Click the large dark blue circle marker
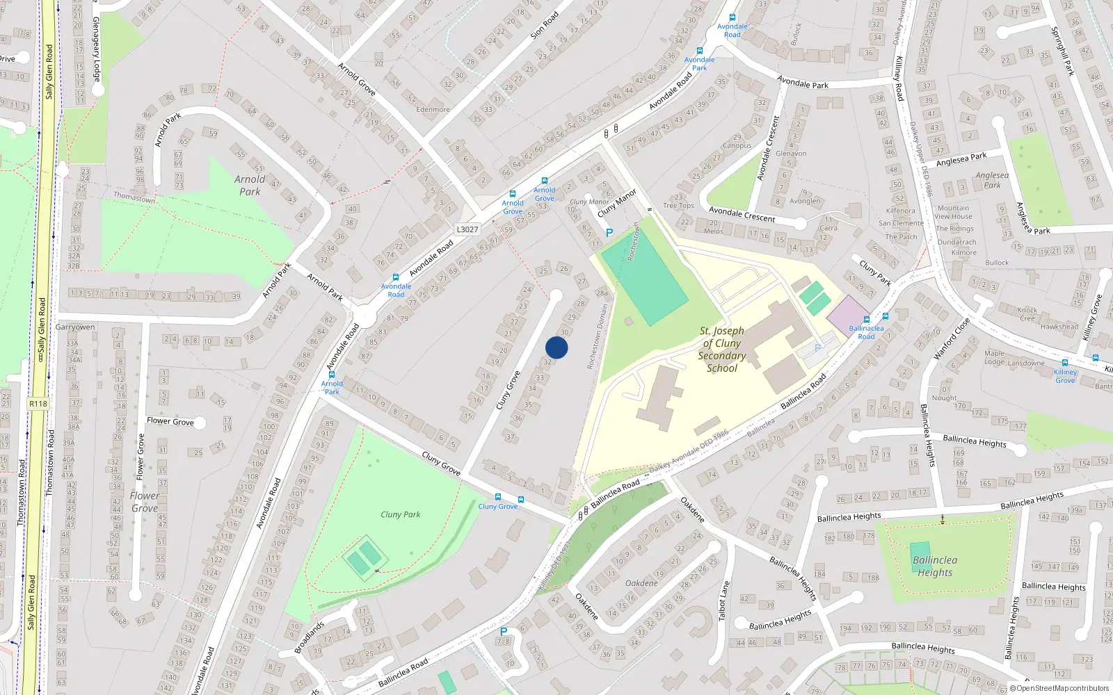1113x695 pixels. coord(556,347)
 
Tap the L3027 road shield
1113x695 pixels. coord(467,229)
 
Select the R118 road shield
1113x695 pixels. coord(38,404)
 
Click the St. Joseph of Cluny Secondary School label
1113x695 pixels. coord(722,349)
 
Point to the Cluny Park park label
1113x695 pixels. coord(400,514)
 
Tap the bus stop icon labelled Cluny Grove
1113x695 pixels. coord(498,497)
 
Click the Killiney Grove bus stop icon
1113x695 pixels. coord(1064,363)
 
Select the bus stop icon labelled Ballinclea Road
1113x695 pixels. coord(866,320)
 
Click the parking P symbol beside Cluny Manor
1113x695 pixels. coord(609,233)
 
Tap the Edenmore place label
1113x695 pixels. coord(433,109)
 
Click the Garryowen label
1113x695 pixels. coord(75,327)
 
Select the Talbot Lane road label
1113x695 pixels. coord(724,600)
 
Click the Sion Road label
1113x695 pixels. coord(544,25)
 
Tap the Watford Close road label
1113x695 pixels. coord(952,339)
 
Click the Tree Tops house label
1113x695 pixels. coord(678,206)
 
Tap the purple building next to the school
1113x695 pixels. coord(847,313)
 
